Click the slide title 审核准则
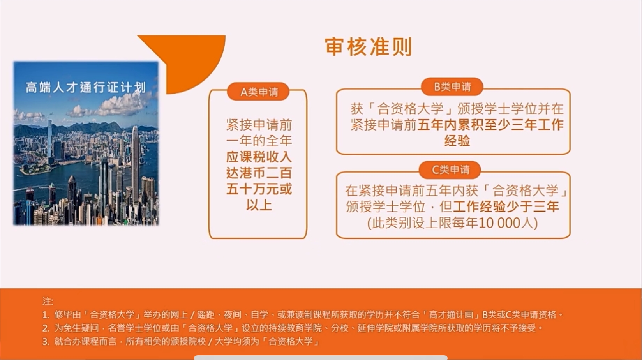368,47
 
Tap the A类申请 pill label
259,92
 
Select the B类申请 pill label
452,86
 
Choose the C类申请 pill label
450,170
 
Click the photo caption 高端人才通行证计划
86,87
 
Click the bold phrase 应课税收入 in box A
259,157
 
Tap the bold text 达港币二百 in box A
259,173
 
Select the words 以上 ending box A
259,205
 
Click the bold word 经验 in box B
457,141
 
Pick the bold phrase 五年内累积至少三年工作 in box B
490,125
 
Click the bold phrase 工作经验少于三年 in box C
506,206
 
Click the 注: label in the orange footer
48,302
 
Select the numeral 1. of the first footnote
46,315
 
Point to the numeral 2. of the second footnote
46,328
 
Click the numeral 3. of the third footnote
46,342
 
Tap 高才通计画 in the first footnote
451,315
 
